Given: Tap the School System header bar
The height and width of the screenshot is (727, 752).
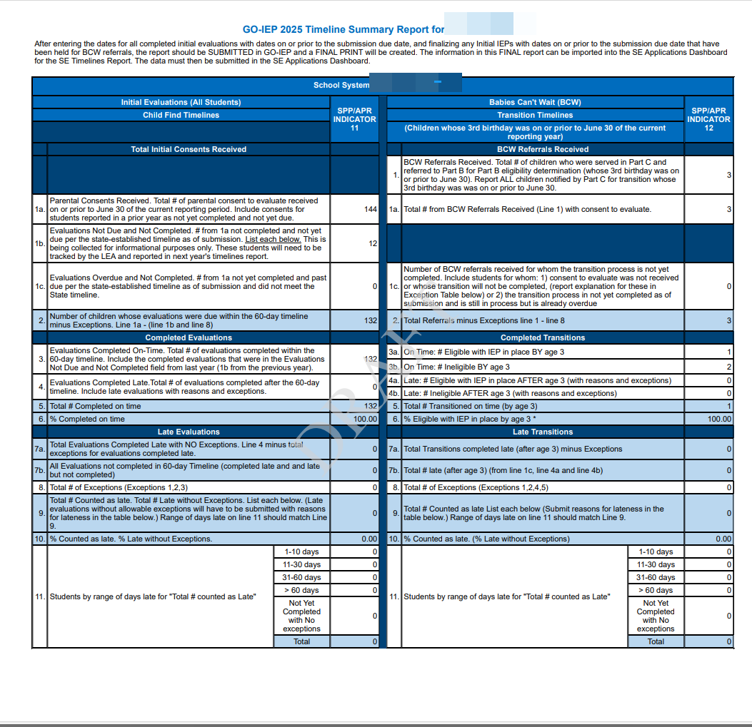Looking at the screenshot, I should (341, 86).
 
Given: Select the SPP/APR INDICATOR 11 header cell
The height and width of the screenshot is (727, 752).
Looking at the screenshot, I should (354, 119).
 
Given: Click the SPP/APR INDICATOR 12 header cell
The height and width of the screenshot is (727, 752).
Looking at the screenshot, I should (708, 119).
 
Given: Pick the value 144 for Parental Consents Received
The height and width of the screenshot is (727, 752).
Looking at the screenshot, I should (370, 210).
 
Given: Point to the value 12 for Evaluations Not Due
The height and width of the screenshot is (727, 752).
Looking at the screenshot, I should (372, 243).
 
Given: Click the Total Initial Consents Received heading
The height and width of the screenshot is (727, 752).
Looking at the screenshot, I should (189, 149).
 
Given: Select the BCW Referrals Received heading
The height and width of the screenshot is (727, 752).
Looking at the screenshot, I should (543, 149).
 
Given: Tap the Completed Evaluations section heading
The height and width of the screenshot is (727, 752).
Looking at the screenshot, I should (189, 337).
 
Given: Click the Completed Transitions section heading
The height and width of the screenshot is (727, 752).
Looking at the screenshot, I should (543, 337).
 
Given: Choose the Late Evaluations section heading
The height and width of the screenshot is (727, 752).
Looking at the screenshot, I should (189, 432).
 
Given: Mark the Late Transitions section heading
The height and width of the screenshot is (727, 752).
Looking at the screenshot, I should (543, 432).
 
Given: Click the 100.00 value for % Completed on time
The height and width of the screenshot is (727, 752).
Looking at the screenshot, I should (366, 419).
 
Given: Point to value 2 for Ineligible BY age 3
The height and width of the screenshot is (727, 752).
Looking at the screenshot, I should (728, 367).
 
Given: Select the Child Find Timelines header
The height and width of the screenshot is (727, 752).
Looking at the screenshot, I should (181, 115).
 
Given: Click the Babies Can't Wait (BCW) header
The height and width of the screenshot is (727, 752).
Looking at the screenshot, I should (535, 103).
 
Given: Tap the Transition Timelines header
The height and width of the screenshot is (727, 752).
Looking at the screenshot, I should (535, 115).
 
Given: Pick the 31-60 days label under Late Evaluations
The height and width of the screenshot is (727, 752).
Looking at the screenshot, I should (301, 577).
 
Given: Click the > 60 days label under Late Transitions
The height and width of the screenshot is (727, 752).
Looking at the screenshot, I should (656, 590).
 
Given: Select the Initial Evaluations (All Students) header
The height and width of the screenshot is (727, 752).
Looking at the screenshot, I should (181, 103).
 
